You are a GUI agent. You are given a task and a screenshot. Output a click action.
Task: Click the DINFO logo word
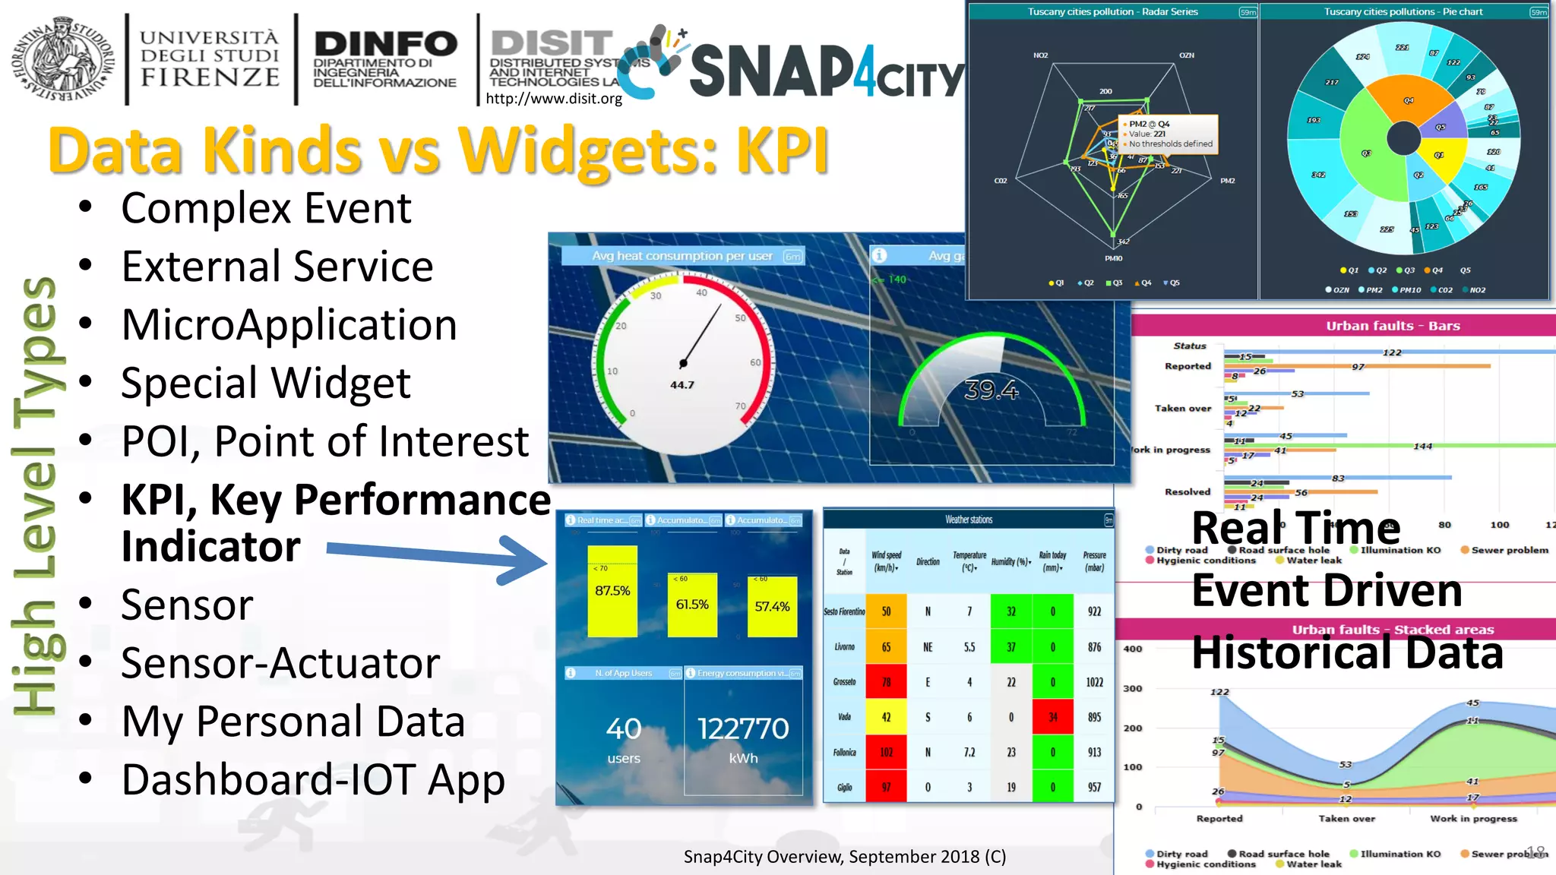click(385, 44)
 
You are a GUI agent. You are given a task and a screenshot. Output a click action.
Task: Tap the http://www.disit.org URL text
click(554, 98)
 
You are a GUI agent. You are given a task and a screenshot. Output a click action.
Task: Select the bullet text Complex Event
click(266, 208)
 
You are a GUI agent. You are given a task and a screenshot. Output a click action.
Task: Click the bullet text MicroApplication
click(289, 325)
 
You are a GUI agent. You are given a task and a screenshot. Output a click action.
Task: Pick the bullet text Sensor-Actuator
click(280, 663)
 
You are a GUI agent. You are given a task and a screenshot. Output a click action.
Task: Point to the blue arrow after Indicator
click(437, 559)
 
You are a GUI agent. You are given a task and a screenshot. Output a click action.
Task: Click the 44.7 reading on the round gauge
click(682, 385)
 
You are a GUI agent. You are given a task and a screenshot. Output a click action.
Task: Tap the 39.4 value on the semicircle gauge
click(991, 390)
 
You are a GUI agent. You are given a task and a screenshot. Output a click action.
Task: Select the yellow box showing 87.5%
click(612, 591)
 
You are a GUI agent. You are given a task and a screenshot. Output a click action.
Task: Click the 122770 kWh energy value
click(743, 729)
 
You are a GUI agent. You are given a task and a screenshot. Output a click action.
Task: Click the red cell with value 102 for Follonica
click(886, 752)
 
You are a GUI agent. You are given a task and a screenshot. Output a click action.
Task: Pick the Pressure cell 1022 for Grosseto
click(1094, 682)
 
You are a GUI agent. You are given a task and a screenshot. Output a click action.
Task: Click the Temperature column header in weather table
click(969, 561)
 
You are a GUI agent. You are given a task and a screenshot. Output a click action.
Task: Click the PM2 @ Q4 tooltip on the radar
click(1169, 134)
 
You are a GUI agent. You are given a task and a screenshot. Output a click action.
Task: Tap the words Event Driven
click(1327, 591)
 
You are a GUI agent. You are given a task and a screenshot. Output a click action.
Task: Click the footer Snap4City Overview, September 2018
click(844, 857)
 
